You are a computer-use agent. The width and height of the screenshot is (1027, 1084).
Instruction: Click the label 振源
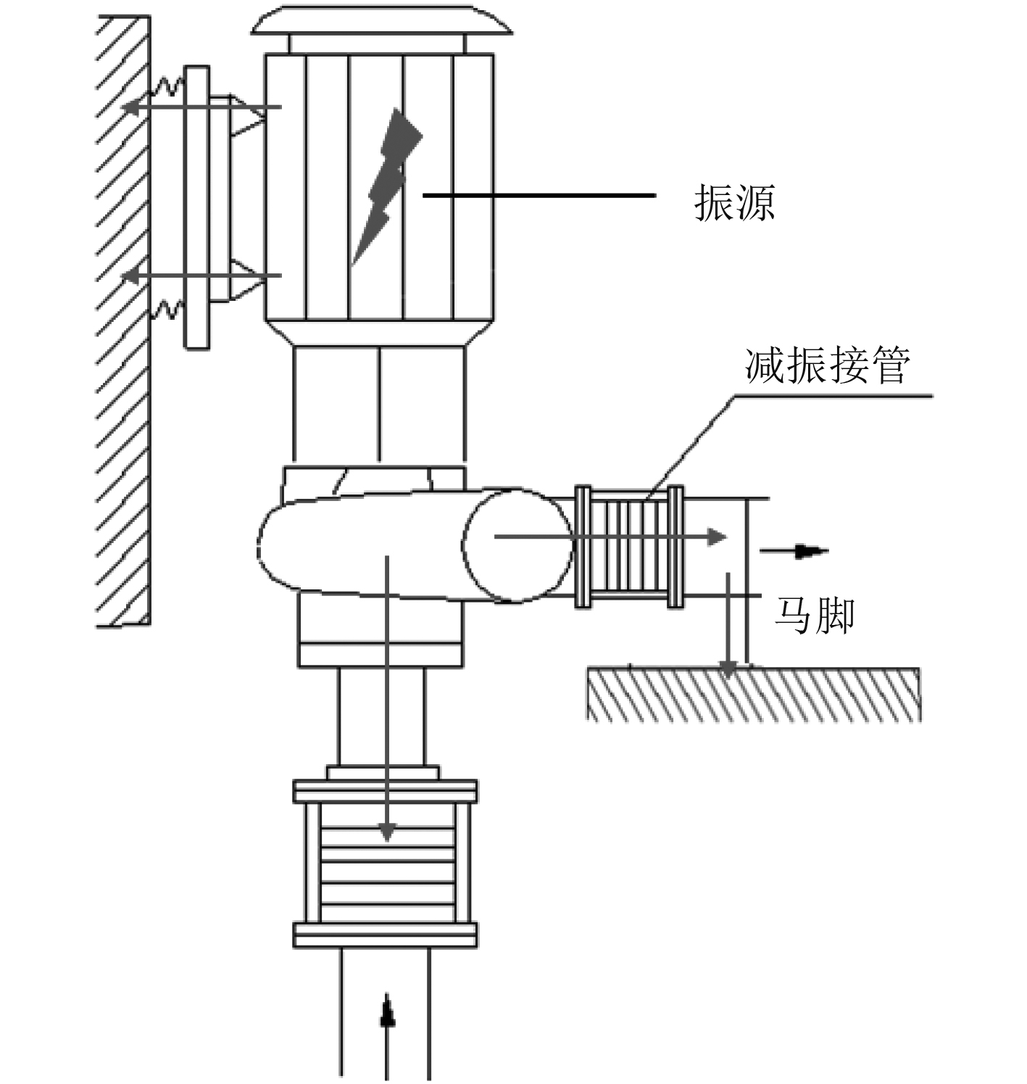tap(734, 202)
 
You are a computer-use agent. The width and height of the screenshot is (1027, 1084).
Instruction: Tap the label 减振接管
tap(828, 365)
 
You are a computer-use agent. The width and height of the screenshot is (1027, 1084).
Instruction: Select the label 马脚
tap(814, 616)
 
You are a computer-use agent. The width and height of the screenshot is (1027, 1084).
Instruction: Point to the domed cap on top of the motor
tap(381, 20)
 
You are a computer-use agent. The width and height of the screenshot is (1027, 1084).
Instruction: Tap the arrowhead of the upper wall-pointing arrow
tap(130, 107)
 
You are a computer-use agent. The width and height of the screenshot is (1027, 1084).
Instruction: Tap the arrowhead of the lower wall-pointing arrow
tap(130, 275)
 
